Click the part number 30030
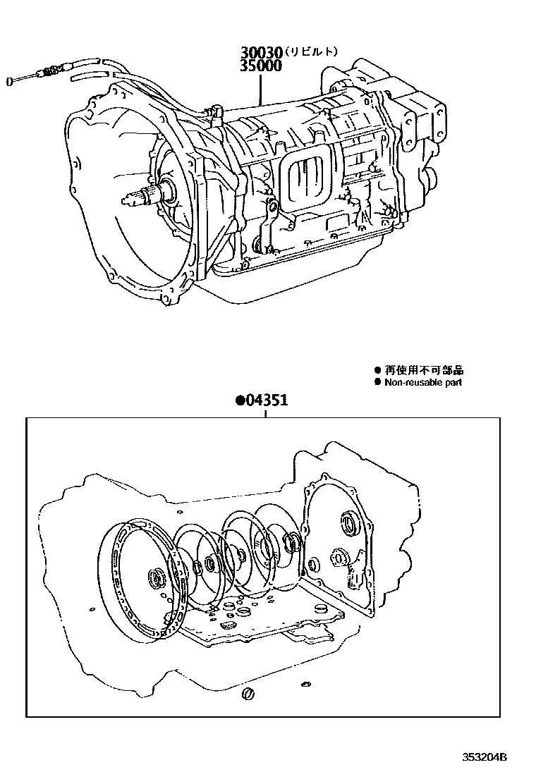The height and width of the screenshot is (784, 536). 261,53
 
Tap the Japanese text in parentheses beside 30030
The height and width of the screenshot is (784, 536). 310,52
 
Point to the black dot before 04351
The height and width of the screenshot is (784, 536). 240,401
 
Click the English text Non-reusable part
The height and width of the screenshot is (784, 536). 423,382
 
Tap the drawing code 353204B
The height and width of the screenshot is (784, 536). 485,758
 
